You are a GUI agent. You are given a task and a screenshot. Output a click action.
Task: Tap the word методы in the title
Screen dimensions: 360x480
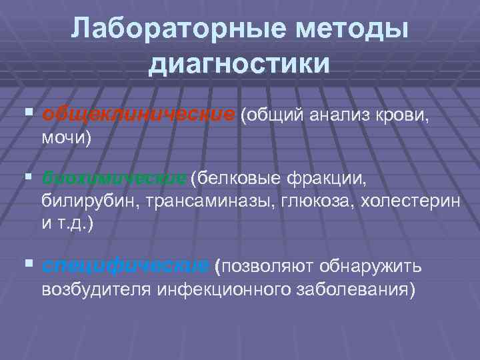coord(345,29)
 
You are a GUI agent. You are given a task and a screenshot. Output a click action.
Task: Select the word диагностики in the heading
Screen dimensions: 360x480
coord(240,63)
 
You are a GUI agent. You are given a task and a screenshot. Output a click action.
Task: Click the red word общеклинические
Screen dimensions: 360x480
coord(138,114)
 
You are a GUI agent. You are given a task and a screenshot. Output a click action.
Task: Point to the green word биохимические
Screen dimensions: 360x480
coord(113,179)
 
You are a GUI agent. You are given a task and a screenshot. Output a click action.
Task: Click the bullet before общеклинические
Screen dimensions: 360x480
coord(27,114)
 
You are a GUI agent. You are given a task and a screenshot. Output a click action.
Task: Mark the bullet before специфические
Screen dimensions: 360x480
coord(27,266)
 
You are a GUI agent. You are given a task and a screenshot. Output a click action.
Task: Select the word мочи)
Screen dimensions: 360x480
coord(66,138)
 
